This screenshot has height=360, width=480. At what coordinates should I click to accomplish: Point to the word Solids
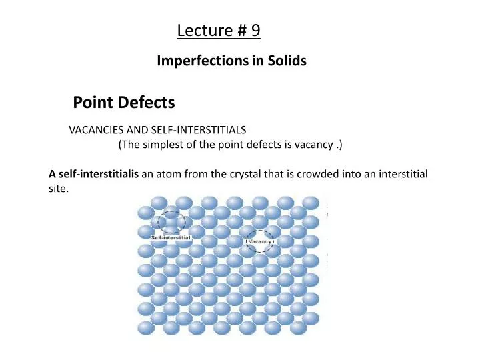pos(287,61)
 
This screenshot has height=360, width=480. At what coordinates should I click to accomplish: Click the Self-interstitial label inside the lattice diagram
pos(171,237)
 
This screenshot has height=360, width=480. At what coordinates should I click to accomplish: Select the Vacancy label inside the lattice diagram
pos(260,241)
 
